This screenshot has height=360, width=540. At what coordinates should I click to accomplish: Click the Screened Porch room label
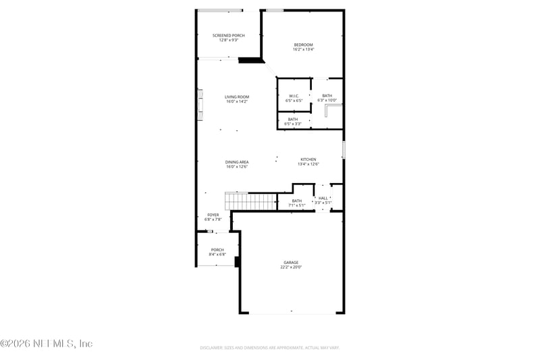point(228,35)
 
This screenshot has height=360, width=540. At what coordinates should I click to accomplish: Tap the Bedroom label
point(303,45)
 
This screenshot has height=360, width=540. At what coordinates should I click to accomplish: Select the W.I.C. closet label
point(294,96)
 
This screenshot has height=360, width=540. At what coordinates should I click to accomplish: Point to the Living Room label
point(237,97)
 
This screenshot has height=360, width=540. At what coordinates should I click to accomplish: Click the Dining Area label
point(237,162)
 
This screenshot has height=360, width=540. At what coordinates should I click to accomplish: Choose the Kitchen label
point(308,159)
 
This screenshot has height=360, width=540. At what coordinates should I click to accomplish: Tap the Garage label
point(291,263)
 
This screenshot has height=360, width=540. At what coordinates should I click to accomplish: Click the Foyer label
point(213,215)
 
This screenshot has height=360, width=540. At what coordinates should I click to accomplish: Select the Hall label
point(323,198)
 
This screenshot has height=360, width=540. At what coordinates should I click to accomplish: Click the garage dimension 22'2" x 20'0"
point(291,267)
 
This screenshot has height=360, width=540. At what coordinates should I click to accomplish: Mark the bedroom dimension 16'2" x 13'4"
point(303,49)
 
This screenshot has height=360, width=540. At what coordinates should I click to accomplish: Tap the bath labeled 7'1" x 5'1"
point(297,203)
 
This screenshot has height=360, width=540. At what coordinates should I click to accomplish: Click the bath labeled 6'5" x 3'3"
point(293,122)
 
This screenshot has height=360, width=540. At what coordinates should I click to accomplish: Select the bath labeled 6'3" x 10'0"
point(327,98)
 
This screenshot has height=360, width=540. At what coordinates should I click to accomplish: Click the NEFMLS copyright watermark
point(47,344)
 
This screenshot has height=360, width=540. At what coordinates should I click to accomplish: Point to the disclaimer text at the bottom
point(269,348)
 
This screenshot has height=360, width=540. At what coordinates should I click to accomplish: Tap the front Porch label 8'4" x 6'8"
point(217,252)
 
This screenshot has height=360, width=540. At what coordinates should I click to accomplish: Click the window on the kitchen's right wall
point(344,149)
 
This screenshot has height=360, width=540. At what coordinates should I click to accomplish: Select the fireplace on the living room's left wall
point(200,105)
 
